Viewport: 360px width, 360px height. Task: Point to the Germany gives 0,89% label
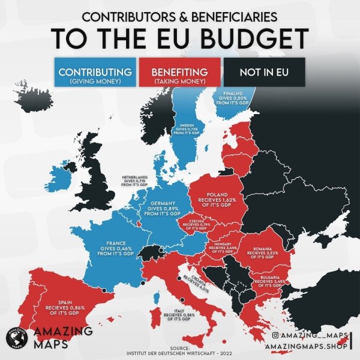[163, 208]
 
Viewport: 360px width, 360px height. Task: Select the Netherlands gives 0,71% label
[134, 181]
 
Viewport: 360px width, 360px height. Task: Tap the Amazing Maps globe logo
[15, 338]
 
